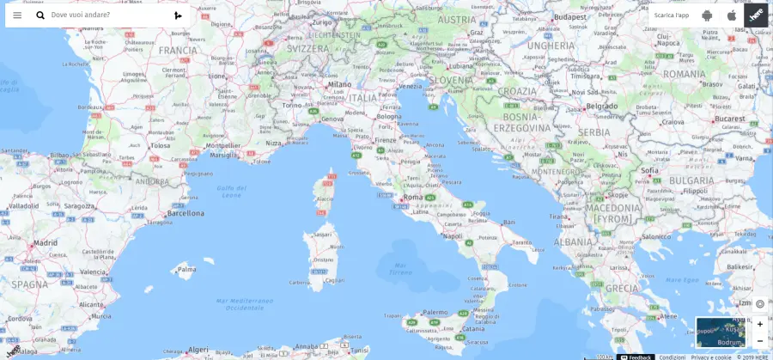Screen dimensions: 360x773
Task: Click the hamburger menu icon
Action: (17, 15)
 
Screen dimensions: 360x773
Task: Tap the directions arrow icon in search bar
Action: (178, 15)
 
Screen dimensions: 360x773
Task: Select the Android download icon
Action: (707, 15)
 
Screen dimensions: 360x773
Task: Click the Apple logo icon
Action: (732, 15)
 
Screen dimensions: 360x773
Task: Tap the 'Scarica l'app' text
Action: (671, 15)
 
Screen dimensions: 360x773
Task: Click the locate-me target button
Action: (759, 304)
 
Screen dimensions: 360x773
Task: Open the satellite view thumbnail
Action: (721, 332)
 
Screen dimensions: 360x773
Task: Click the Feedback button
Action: (636, 357)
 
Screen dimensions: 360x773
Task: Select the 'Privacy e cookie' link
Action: (711, 357)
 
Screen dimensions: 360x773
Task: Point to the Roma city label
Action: (413, 197)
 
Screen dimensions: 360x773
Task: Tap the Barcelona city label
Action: (186, 212)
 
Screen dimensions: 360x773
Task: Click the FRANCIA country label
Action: (178, 50)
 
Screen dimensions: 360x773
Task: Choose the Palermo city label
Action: (435, 312)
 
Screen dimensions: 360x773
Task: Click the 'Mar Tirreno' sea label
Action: (400, 268)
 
